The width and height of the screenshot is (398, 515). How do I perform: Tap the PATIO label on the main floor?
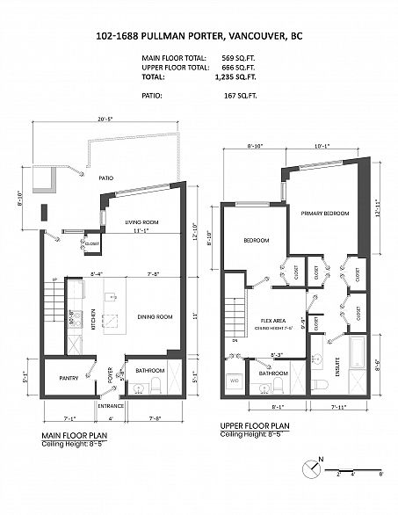pos(107,178)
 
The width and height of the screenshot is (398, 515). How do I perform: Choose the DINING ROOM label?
pos(154,316)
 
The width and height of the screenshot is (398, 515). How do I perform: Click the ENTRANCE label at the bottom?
pos(111,406)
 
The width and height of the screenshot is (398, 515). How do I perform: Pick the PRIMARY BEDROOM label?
pos(324,214)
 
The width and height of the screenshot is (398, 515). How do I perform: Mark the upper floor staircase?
pos(235,311)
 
